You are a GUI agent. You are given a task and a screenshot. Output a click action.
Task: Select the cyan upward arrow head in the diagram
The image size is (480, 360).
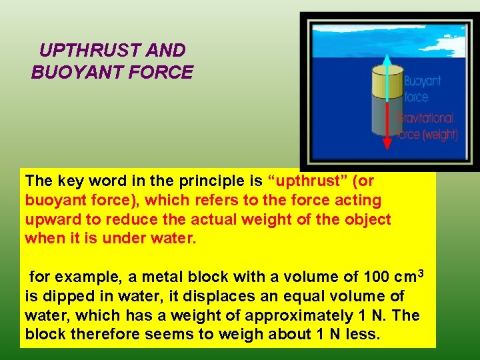(387, 61)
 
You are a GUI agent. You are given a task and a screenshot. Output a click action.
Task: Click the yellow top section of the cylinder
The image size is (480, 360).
(387, 80)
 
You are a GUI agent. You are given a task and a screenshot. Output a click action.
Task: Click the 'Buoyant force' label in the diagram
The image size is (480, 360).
(423, 89)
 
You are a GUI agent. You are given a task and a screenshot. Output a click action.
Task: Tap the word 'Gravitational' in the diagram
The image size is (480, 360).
(425, 119)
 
